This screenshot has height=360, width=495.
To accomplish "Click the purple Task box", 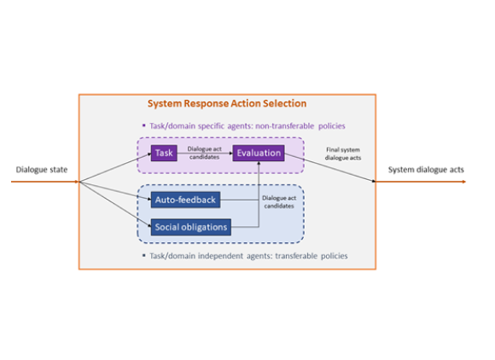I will point(165,153).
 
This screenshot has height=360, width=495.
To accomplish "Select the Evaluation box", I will point(259,153).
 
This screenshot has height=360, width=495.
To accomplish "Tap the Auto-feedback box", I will point(185,200).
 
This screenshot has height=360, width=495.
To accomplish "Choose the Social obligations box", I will point(192,227).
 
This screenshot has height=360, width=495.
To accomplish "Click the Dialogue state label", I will point(40,169).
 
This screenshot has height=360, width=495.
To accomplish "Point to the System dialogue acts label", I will point(427,169).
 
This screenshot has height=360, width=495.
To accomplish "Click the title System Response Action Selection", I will point(226,104).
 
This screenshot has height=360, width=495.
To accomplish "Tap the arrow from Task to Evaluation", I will point(205,154).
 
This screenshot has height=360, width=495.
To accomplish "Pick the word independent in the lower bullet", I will point(223,255).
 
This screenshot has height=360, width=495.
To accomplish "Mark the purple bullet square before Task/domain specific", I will point(144,125).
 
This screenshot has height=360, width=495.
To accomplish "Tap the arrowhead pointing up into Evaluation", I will point(259,165).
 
